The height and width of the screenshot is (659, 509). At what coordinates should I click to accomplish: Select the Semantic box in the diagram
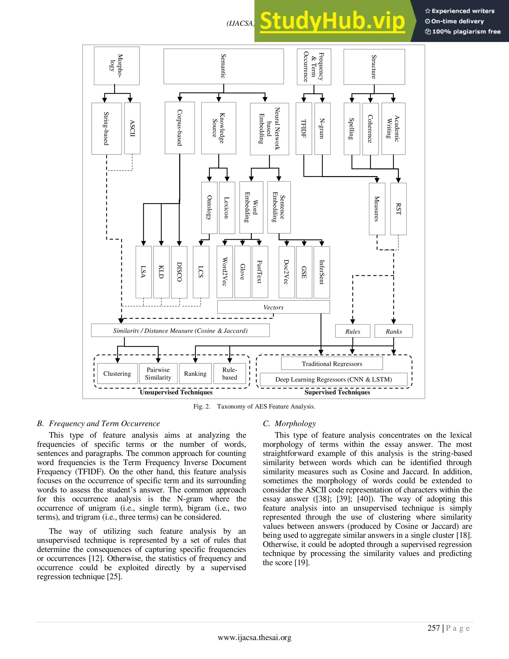click(x=223, y=66)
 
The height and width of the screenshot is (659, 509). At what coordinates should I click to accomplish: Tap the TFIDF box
click(x=304, y=129)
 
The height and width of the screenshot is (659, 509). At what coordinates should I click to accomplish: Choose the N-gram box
click(x=322, y=129)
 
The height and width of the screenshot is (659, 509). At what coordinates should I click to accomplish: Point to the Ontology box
click(x=209, y=208)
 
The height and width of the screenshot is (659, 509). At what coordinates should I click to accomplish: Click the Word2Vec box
click(x=225, y=272)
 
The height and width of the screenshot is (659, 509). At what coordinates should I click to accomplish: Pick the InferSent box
click(x=322, y=272)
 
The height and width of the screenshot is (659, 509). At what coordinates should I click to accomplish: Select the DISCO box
click(x=179, y=272)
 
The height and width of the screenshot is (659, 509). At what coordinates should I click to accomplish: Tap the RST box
click(x=398, y=209)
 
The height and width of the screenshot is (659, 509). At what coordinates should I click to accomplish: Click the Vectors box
click(x=273, y=307)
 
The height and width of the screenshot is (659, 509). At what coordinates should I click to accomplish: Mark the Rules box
click(x=352, y=331)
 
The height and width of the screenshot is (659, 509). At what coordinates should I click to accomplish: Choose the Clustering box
click(x=117, y=374)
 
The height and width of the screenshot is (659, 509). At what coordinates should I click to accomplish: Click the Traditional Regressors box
click(x=332, y=364)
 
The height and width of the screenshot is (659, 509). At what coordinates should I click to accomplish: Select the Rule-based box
click(x=230, y=374)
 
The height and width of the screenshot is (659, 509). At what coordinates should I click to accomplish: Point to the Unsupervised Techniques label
click(x=176, y=392)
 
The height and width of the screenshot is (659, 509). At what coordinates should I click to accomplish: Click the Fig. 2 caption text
click(x=254, y=406)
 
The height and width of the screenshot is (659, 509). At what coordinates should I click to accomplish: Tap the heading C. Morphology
click(x=290, y=424)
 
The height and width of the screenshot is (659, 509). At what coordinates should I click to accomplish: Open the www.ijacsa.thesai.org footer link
click(x=254, y=638)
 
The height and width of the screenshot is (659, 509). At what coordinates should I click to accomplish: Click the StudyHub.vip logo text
click(x=332, y=21)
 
